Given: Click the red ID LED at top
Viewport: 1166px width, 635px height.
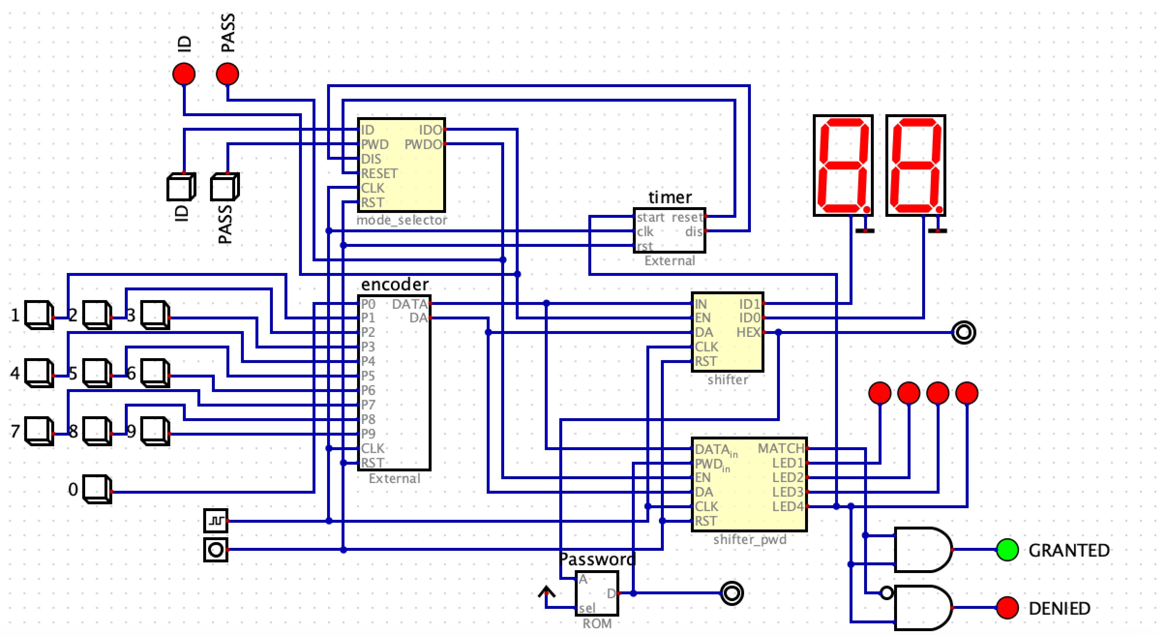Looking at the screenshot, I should (x=184, y=74).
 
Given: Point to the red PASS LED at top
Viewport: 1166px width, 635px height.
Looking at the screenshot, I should (x=227, y=74).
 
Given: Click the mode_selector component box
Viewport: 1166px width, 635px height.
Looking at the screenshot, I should (x=402, y=165).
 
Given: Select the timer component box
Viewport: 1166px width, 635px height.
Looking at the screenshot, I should (x=670, y=230).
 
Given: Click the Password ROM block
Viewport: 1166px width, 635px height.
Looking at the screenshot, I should (x=597, y=593).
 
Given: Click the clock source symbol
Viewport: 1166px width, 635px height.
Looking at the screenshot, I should (x=216, y=521).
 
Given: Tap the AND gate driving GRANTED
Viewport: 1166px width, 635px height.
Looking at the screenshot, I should (x=922, y=550).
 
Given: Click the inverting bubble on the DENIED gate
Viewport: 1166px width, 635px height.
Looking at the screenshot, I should (x=886, y=593).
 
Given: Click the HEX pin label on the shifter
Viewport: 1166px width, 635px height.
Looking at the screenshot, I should (x=748, y=333).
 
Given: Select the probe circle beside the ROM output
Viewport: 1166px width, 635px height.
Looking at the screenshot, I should (x=732, y=593).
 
